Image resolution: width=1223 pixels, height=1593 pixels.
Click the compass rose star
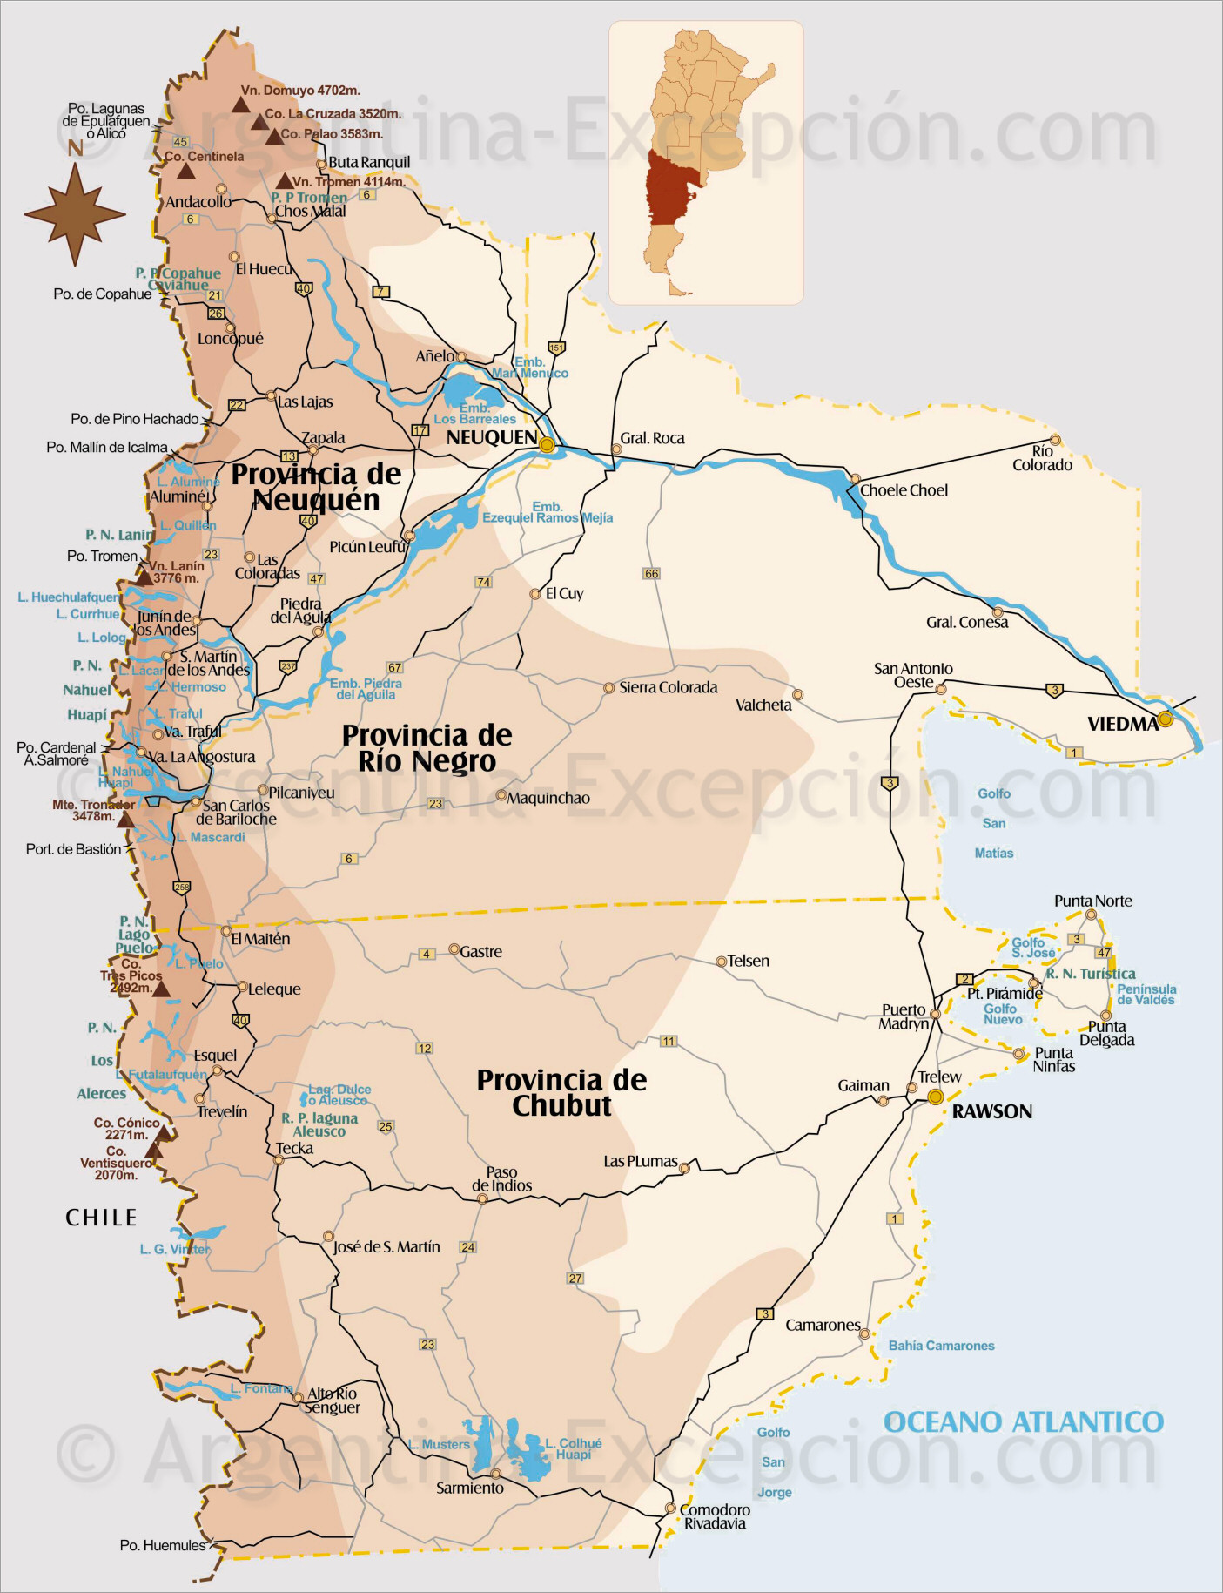(x=75, y=214)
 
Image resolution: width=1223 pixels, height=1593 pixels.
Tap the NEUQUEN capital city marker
(x=547, y=445)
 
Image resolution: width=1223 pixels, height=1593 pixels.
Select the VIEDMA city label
(x=1122, y=724)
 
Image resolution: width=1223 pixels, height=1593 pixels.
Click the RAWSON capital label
(x=991, y=1111)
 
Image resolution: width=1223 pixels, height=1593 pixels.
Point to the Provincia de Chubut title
(x=561, y=1092)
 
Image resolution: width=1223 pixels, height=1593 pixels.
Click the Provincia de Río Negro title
(x=427, y=748)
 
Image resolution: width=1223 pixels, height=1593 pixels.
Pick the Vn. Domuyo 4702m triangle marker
(x=240, y=105)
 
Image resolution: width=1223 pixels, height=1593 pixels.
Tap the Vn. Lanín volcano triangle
(x=144, y=577)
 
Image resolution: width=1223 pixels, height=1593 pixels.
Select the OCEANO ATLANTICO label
(x=1023, y=1422)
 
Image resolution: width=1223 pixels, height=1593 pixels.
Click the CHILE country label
(x=101, y=1218)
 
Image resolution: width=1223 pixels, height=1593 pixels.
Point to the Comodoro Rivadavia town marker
(x=670, y=1508)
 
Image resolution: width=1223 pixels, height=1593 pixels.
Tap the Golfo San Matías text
(x=994, y=823)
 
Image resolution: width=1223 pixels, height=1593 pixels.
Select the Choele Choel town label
(x=904, y=490)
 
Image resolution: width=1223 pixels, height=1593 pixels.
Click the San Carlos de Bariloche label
(x=236, y=813)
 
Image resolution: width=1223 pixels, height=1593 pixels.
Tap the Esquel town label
(x=215, y=1055)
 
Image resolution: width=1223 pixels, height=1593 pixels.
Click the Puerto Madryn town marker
(x=935, y=1014)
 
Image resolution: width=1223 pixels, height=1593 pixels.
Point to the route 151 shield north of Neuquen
(x=556, y=348)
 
